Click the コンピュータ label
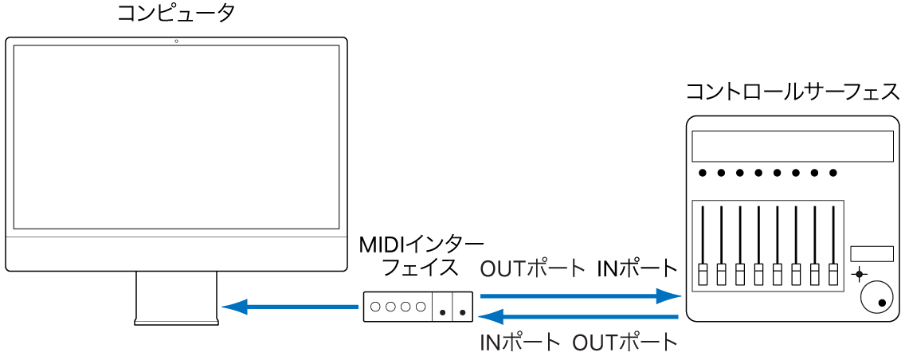176,14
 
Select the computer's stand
176,298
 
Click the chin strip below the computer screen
176,253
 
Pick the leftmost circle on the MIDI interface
376,306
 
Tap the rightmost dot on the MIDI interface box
462,312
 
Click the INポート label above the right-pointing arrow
637,268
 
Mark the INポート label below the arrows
520,343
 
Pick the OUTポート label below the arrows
625,343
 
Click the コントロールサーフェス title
793,93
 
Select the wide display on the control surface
793,147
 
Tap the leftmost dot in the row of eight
702,172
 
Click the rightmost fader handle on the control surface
834,274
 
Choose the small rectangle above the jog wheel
871,253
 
